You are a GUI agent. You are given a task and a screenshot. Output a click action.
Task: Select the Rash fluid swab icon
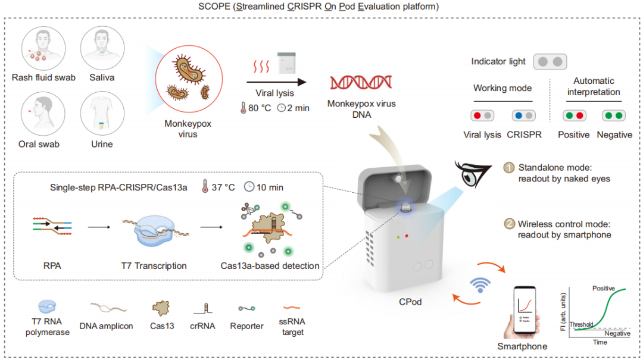point(43,50)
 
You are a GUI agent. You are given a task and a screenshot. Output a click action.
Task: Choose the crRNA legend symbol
point(202,308)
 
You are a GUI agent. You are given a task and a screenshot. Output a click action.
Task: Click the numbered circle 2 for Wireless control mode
point(510,224)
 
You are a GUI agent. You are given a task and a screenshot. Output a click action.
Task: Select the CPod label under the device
point(410,302)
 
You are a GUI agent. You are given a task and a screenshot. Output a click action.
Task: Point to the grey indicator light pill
point(550,61)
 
